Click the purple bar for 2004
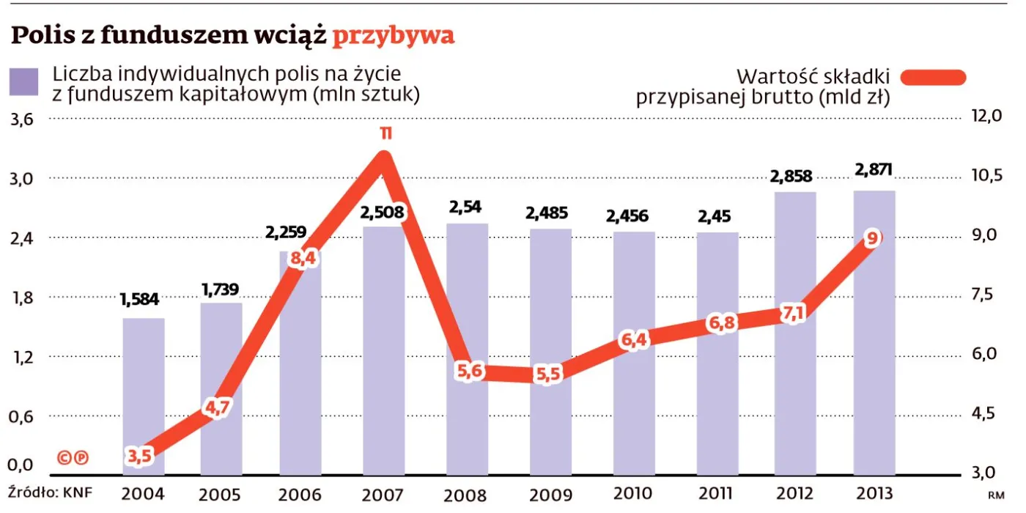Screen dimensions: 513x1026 point(144,396)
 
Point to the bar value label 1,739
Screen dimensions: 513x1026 point(221,289)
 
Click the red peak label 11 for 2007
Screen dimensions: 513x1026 point(385,133)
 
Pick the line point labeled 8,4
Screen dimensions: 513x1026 point(302,258)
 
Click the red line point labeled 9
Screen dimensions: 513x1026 point(872,239)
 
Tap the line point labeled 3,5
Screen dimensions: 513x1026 point(139,456)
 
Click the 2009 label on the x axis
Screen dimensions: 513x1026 point(550,493)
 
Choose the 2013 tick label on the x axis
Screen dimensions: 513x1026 point(874,493)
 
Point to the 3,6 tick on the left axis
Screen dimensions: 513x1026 point(21,119)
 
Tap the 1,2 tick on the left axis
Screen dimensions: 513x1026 point(21,358)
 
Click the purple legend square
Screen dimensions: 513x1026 point(23,82)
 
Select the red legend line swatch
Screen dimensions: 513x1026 point(933,77)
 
